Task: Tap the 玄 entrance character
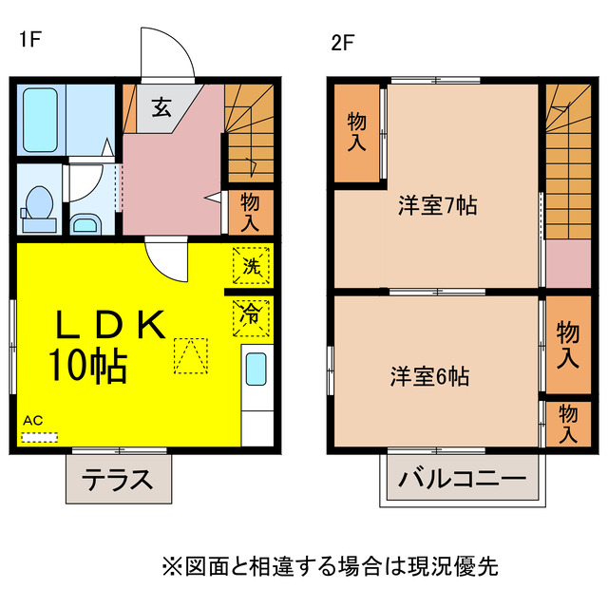(x=161, y=105)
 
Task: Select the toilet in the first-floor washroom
(x=38, y=205)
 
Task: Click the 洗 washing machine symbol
(x=251, y=266)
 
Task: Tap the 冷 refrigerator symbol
(x=251, y=313)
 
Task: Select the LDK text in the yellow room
(x=108, y=326)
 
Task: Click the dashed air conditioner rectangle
(x=39, y=438)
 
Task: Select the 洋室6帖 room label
(x=429, y=376)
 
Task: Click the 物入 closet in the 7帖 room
(x=356, y=133)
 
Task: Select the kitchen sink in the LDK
(x=256, y=369)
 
